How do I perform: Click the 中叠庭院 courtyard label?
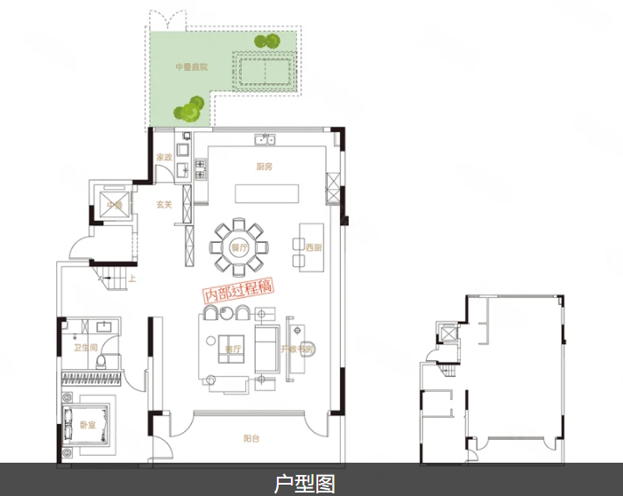point(191,67)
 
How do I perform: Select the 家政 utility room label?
point(163,158)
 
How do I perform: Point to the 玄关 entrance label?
point(164,204)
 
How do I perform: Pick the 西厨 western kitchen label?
point(315,247)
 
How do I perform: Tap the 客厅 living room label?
point(232,348)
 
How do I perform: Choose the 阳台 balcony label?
point(251,438)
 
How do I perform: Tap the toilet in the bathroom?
point(103,360)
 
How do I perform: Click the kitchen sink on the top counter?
point(264,138)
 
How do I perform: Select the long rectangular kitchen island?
point(266,194)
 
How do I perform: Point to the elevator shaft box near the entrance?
point(114,202)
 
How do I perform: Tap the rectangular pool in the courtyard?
point(265,68)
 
